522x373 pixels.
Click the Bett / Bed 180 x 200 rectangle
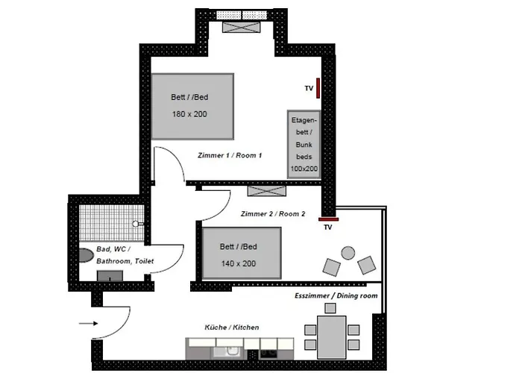click(192, 106)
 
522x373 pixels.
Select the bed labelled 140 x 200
click(242, 254)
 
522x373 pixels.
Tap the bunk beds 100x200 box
click(304, 145)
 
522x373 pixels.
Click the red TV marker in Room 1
click(318, 88)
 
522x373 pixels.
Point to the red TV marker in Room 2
click(328, 219)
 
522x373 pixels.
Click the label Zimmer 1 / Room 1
click(229, 156)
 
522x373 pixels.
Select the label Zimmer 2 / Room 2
click(273, 213)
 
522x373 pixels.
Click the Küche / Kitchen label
click(231, 327)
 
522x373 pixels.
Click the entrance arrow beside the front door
click(88, 323)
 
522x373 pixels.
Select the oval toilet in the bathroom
click(84, 254)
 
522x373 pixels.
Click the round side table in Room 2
click(348, 253)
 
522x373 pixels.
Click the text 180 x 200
click(189, 114)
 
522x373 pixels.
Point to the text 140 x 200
click(239, 263)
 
